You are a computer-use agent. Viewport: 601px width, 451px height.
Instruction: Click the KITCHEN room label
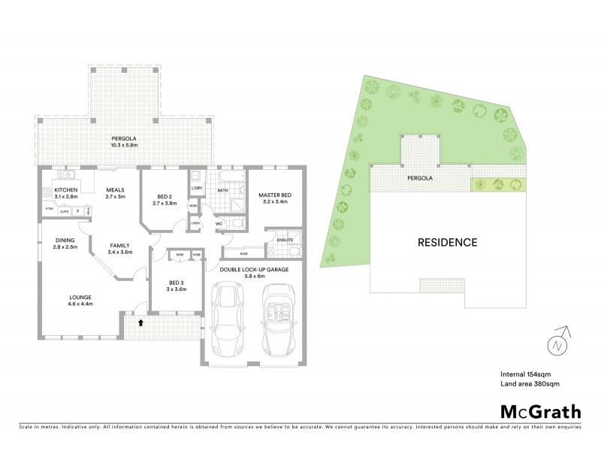(65, 190)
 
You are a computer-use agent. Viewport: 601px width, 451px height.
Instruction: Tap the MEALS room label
(115, 190)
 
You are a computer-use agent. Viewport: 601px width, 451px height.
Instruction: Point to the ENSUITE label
(285, 241)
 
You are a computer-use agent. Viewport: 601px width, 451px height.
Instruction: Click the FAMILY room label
(119, 246)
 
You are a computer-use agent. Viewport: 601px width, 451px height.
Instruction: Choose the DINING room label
(65, 241)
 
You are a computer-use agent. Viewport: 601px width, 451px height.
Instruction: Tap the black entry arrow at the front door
(140, 322)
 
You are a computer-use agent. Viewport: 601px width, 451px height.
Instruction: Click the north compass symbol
(557, 344)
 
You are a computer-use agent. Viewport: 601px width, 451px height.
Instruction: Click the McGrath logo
(540, 411)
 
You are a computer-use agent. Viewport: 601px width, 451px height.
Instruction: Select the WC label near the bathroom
(219, 223)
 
